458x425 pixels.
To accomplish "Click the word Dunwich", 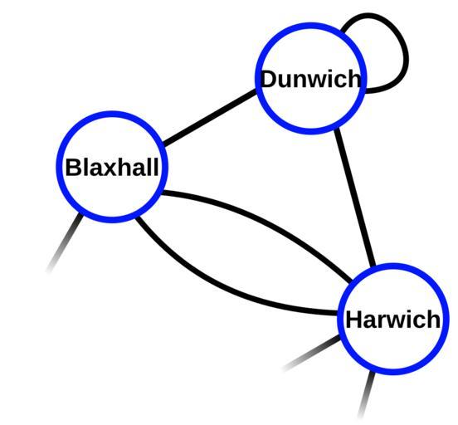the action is click(311, 79).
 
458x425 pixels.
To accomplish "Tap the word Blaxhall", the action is click(112, 167).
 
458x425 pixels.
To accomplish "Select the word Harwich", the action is click(392, 320).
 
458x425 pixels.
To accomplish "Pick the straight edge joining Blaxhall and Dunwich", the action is click(209, 117).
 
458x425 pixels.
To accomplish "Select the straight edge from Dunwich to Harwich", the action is click(355, 197).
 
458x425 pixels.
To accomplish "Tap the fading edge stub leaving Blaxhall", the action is click(65, 243).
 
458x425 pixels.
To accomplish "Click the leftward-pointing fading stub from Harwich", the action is click(311, 354).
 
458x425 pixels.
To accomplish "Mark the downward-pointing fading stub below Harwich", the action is click(367, 394).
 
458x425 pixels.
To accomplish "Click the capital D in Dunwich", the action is click(269, 79).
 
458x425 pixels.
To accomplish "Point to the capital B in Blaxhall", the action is click(73, 167).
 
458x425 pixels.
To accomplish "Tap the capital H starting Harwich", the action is click(354, 320).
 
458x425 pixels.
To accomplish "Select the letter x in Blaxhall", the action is click(112, 169).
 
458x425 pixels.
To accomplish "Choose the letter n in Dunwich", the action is click(300, 81).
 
